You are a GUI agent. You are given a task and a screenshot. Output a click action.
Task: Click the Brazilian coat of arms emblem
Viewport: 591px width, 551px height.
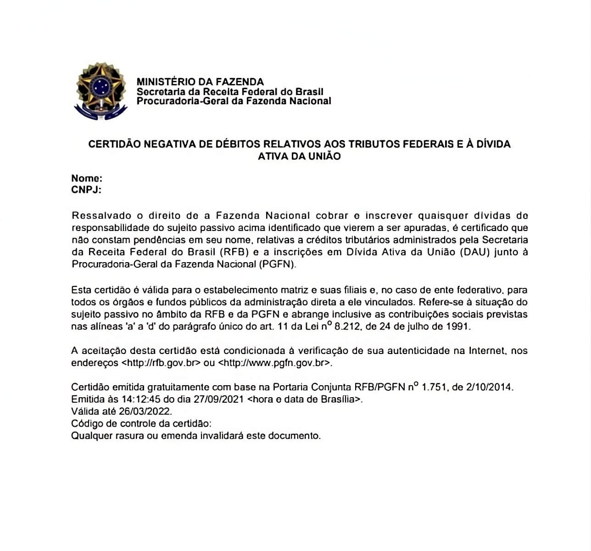coord(100,90)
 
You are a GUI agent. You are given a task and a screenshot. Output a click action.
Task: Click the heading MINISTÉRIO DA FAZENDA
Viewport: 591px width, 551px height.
coord(200,82)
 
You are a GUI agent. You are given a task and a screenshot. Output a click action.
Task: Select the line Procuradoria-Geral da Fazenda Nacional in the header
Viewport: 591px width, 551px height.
coord(234,101)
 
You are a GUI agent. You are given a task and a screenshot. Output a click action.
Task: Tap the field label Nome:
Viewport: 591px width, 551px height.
coord(87,178)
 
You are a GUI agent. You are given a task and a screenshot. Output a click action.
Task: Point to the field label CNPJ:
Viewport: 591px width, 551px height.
coord(86,190)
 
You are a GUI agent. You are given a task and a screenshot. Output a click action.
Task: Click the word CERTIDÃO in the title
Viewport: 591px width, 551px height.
coord(114,144)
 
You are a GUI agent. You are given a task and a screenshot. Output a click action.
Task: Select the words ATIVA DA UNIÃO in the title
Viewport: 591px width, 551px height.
coord(299,156)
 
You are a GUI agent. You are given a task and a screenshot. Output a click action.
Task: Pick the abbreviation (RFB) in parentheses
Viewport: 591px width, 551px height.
coord(234,252)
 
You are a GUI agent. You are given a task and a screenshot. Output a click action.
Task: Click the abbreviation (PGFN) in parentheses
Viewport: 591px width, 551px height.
coord(278,264)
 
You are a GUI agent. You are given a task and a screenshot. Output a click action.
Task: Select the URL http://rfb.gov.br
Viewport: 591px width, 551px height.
coord(161,363)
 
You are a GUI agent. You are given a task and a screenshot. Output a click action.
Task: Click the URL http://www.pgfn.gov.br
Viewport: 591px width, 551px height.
coord(274,363)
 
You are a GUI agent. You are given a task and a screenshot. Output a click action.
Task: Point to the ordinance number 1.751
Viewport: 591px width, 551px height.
coord(434,387)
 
